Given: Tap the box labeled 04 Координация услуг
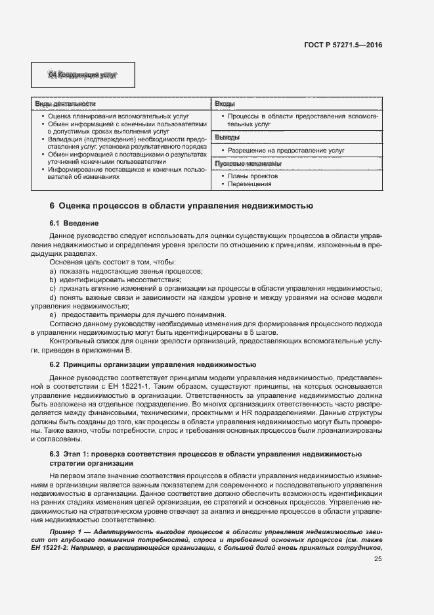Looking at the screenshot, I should coord(83,75).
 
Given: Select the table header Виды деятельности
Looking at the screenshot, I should coord(65,104).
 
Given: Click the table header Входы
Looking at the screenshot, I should coord(225,104).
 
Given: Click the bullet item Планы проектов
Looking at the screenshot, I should coord(253,176).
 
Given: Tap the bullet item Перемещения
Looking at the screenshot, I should coord(252,185).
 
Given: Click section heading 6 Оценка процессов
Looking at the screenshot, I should coord(181,206).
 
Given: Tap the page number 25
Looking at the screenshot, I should coord(378,559).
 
